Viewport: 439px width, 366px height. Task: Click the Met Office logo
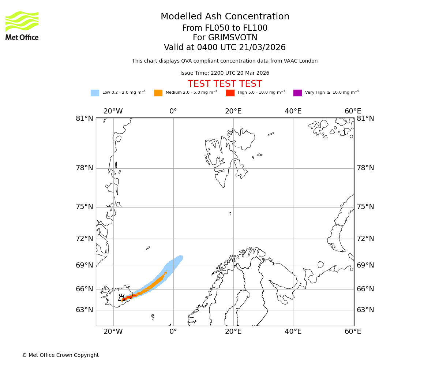click(x=22, y=26)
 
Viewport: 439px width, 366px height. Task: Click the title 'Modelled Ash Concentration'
click(x=225, y=17)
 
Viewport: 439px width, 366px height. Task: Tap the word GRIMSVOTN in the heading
click(x=225, y=38)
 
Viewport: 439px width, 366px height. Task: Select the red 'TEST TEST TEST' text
click(x=225, y=84)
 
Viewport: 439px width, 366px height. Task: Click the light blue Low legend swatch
click(x=95, y=93)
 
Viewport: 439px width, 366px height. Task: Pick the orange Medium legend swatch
click(x=158, y=93)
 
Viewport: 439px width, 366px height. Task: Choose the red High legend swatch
click(x=230, y=93)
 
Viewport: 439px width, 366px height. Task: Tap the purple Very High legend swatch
click(x=297, y=93)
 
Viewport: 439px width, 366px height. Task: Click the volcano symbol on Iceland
click(x=121, y=298)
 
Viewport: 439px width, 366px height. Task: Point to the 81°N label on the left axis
click(x=85, y=119)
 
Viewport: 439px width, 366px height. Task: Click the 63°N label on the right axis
click(x=365, y=310)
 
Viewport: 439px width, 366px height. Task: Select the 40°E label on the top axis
click(x=293, y=111)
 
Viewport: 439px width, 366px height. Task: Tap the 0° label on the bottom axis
click(x=173, y=332)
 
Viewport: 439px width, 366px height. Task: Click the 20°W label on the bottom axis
click(x=113, y=332)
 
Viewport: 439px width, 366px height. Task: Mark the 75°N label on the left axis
click(x=85, y=207)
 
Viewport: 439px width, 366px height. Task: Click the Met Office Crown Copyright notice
click(x=60, y=355)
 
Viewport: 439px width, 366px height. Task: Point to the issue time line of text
click(x=225, y=73)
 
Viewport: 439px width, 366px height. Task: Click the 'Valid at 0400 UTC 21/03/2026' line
click(x=225, y=48)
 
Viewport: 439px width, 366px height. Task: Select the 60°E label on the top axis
click(x=353, y=111)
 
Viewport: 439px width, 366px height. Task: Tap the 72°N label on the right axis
click(x=365, y=239)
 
